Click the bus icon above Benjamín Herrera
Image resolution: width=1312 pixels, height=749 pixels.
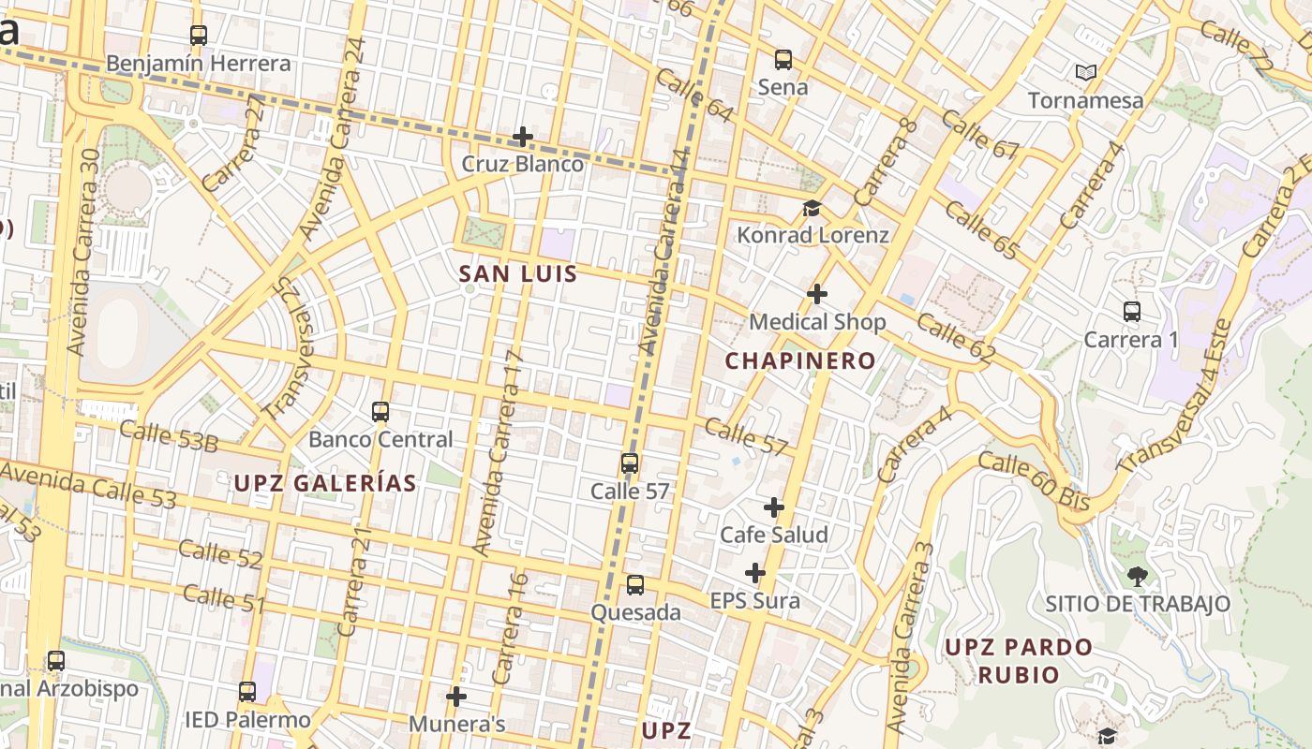pos(198,36)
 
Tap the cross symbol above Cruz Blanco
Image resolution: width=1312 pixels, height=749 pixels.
pos(522,137)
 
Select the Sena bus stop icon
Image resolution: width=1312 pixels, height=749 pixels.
pos(783,60)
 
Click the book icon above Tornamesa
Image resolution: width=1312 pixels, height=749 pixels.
pos(1085,72)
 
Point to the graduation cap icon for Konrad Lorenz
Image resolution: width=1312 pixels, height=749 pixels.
pos(811,208)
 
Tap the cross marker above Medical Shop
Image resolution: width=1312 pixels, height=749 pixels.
pos(816,294)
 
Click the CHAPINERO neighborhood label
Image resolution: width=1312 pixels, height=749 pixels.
pos(800,360)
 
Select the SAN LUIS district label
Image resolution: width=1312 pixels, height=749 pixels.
pos(518,274)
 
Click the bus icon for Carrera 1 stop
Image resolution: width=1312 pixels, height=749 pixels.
pos(1131,312)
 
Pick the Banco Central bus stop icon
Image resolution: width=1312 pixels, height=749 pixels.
pos(380,412)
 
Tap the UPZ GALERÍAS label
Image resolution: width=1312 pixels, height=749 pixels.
pos(325,483)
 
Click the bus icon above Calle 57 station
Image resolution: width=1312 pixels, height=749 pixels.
pos(629,463)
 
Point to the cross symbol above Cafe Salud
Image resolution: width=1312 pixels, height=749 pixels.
pos(773,507)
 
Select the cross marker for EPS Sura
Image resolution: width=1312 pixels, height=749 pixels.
pos(754,573)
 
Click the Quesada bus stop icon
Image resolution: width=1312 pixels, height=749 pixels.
pos(634,585)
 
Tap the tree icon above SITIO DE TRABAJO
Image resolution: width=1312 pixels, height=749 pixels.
pos(1137,576)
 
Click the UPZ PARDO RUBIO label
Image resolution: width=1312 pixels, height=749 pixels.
pos(1018,660)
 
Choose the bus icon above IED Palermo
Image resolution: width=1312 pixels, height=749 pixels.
pos(246,692)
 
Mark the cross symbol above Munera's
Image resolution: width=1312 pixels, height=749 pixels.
pos(456,697)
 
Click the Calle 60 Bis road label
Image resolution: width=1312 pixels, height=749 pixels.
pos(1034,481)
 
